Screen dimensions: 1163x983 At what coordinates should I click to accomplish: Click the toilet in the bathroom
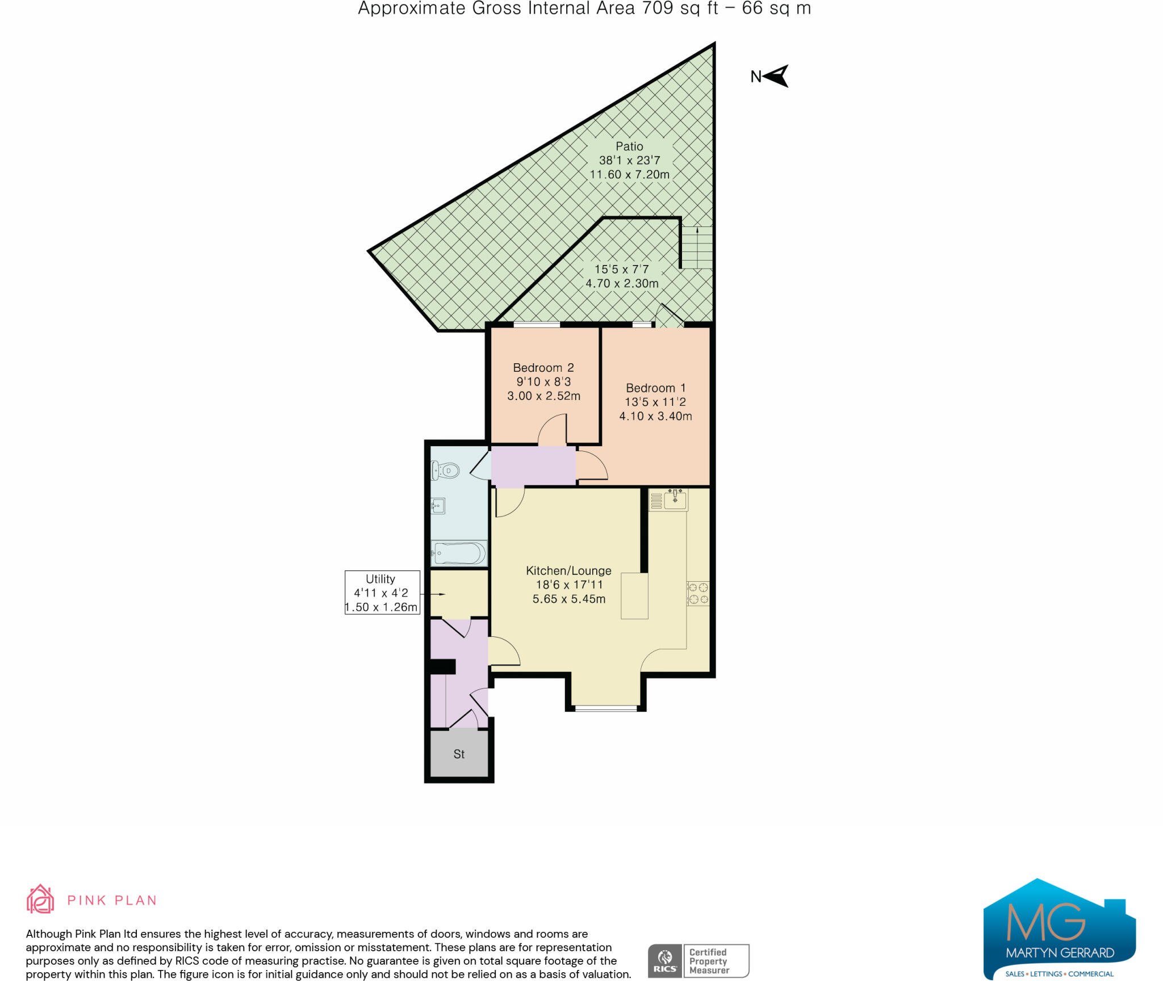[445, 471]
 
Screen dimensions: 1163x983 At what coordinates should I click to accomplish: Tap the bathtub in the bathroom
[459, 553]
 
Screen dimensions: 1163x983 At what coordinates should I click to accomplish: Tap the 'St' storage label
[459, 754]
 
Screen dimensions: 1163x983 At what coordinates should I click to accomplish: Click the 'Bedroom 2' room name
[543, 368]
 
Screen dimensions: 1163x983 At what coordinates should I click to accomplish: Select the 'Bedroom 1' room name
[656, 388]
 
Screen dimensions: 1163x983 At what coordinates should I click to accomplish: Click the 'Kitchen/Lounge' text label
[568, 570]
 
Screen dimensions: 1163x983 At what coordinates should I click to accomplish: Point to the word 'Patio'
[629, 146]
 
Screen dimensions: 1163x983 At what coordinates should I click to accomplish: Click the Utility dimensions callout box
[382, 593]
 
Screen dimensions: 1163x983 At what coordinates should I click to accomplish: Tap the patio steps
[697, 247]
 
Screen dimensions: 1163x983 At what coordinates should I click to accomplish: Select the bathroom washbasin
[438, 506]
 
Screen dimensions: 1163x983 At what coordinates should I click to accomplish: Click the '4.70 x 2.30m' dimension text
[622, 283]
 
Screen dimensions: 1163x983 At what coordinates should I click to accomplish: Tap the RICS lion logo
[665, 961]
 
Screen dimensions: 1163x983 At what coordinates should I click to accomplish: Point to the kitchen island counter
[634, 596]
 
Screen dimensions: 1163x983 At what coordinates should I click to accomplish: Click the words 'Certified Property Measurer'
[708, 961]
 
